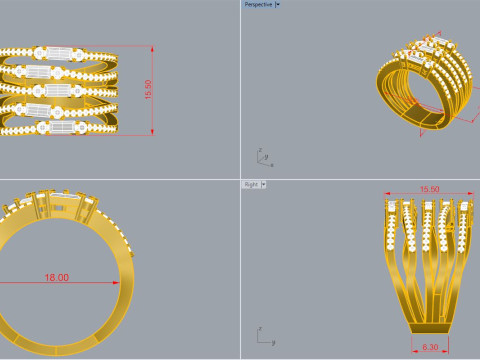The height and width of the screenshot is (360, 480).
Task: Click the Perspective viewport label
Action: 258,4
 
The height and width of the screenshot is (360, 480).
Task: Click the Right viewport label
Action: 251,185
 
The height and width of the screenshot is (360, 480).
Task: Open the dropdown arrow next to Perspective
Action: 278,4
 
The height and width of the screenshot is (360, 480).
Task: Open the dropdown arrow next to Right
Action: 264,185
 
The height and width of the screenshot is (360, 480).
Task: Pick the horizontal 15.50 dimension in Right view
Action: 430,189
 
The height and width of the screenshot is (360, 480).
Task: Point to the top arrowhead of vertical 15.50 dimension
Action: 151,46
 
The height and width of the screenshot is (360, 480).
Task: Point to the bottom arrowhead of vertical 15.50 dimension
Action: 151,133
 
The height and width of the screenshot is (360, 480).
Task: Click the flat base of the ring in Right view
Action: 430,327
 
